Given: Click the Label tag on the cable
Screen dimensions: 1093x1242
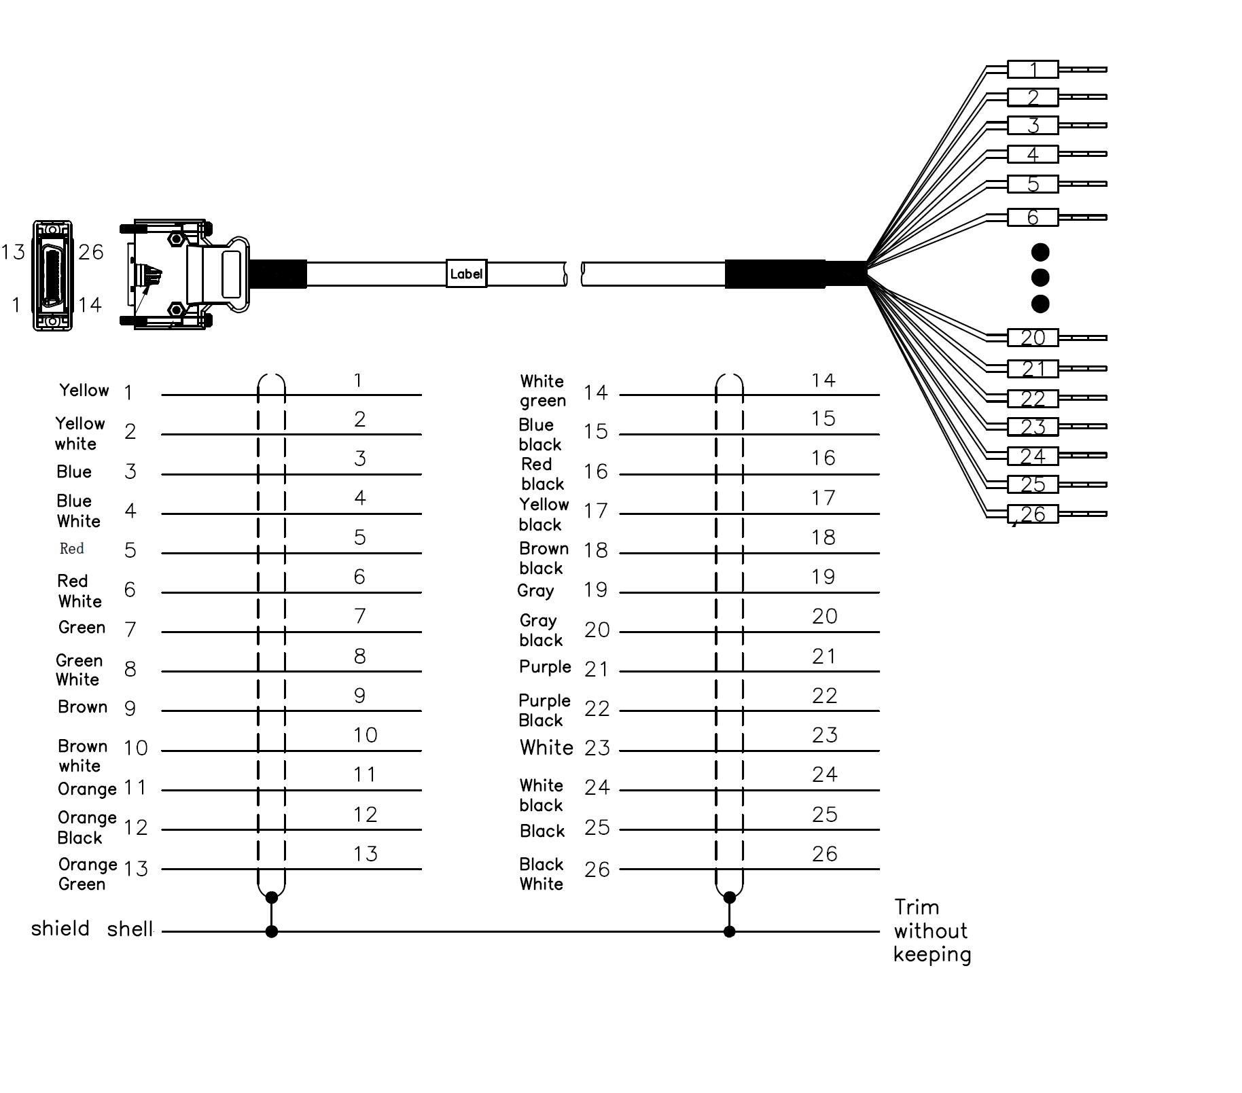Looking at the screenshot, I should (466, 274).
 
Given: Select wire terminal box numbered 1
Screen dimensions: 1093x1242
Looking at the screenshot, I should (1032, 69).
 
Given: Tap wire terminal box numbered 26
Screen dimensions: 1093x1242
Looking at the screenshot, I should (1032, 514).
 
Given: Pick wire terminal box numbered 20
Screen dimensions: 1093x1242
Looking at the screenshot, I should (1032, 338).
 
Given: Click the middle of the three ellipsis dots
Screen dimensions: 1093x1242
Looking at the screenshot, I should (1040, 278).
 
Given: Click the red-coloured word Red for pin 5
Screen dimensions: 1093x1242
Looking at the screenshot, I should (71, 549).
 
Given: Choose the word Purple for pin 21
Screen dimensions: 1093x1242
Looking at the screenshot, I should (545, 667).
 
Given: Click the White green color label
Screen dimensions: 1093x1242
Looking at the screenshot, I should (543, 391).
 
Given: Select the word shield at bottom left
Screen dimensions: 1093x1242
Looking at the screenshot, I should (60, 929).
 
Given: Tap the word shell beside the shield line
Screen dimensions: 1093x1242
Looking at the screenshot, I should (130, 929).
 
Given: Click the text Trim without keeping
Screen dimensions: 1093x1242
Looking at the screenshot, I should (931, 931).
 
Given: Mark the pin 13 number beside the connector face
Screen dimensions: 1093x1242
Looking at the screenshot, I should (13, 253).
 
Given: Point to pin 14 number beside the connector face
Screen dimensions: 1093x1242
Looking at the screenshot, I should (90, 305).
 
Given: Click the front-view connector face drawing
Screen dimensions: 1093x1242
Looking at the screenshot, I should (52, 276).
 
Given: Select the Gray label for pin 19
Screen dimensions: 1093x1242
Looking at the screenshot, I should (535, 591).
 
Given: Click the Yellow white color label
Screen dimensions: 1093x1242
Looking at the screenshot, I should (79, 433).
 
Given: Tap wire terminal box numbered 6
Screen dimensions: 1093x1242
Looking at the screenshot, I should (1032, 217).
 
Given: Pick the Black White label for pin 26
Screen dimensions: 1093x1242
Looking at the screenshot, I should (542, 874).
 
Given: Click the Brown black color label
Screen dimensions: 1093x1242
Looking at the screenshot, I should (544, 558).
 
